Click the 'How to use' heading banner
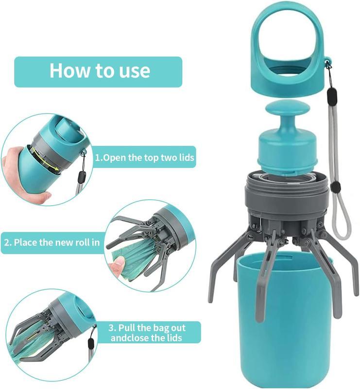pyautogui.click(x=98, y=71)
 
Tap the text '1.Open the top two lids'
pyautogui.click(x=144, y=157)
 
